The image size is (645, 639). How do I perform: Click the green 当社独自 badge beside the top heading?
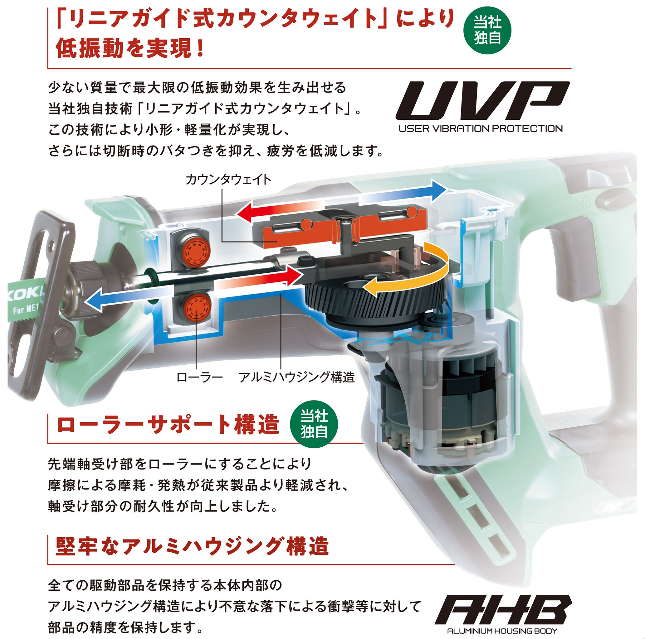click(x=487, y=31)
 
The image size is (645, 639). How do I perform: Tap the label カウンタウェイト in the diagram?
click(x=228, y=180)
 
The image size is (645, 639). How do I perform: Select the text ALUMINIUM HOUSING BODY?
click(x=502, y=631)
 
